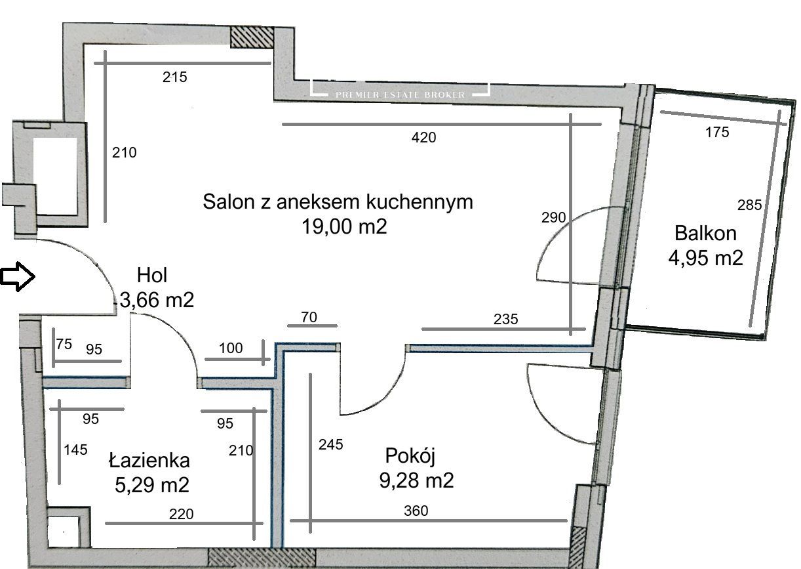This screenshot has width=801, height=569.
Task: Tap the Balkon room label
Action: [x=705, y=233]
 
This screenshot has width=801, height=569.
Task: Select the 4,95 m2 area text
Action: [x=705, y=257]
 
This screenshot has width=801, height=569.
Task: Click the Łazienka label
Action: [x=149, y=460]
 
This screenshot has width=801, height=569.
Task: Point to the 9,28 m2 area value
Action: [x=416, y=480]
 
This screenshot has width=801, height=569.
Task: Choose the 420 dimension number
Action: [x=423, y=138]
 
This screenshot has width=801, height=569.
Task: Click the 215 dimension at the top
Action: [x=175, y=77]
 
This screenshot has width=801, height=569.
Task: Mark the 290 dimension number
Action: [x=553, y=217]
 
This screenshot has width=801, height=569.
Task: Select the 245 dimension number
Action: [x=330, y=445]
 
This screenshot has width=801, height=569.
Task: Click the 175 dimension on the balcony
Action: [x=717, y=133]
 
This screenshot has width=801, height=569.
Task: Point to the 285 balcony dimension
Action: [x=749, y=205]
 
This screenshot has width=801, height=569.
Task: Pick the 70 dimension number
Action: [x=309, y=318]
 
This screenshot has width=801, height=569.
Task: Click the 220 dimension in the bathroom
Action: [x=181, y=515]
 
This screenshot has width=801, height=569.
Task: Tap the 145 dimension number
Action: [x=75, y=450]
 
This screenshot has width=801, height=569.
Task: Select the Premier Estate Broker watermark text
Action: [x=400, y=95]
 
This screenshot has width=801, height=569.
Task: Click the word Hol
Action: [x=152, y=276]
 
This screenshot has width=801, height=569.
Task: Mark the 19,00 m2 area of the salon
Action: [x=344, y=227]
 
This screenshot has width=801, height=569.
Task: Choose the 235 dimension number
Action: [x=505, y=320]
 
